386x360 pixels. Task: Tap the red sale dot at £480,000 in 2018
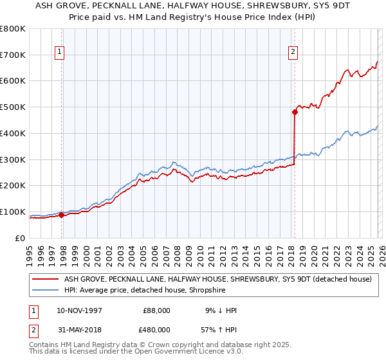click(295, 112)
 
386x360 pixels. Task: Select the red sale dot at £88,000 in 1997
click(62, 215)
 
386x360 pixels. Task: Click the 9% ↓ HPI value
click(220, 310)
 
